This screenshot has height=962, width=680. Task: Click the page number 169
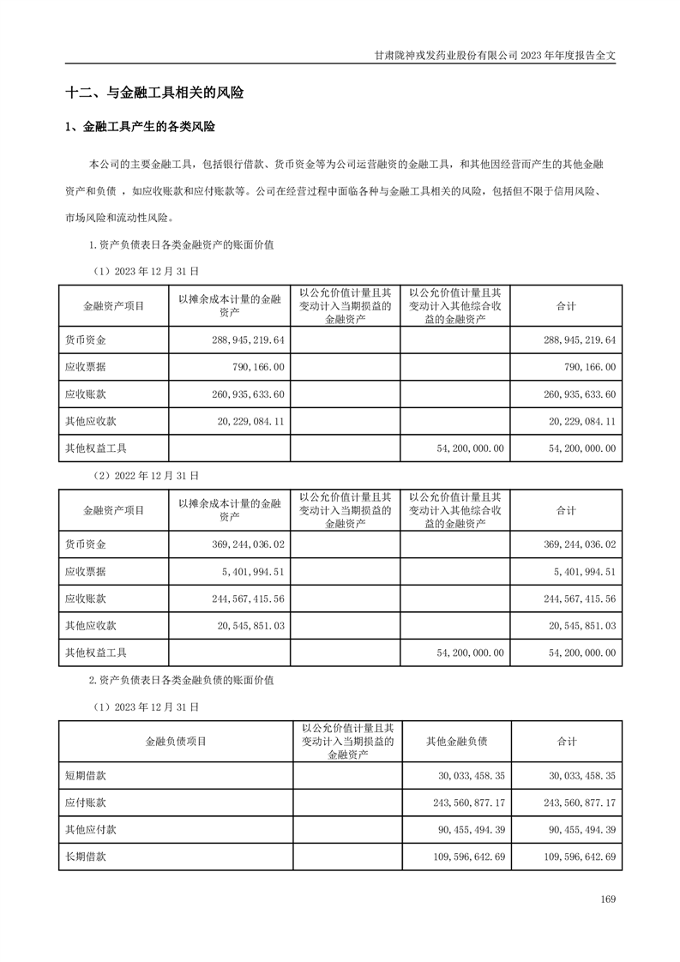tap(608, 899)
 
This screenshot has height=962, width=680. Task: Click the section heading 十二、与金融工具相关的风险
tap(154, 93)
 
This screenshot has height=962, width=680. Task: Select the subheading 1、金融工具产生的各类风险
tap(141, 128)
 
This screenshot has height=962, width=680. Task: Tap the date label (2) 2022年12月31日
tap(145, 474)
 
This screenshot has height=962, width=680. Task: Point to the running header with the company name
tap(496, 54)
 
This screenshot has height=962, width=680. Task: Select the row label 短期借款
tap(85, 775)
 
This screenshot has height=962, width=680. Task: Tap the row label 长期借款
tap(85, 856)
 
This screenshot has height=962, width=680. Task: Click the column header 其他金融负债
tap(456, 742)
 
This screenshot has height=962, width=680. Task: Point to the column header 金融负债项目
tap(175, 742)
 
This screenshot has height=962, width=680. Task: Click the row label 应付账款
tap(85, 803)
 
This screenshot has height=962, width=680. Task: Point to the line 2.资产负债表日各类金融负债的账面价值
tap(181, 680)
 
